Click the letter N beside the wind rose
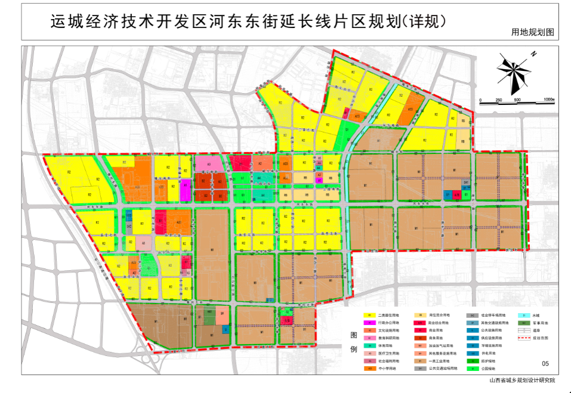[x=534, y=54]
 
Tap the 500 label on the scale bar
[x=517, y=100]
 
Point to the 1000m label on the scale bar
[x=548, y=100]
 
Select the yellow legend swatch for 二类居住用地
[x=370, y=315]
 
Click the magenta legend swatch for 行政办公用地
[x=370, y=323]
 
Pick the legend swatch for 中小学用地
[x=370, y=369]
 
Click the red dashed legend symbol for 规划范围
[x=523, y=338]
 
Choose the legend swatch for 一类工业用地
[x=421, y=361]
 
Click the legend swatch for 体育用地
[x=370, y=345]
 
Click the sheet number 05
[x=545, y=363]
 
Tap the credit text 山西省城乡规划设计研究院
[x=522, y=380]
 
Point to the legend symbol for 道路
[x=523, y=330]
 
